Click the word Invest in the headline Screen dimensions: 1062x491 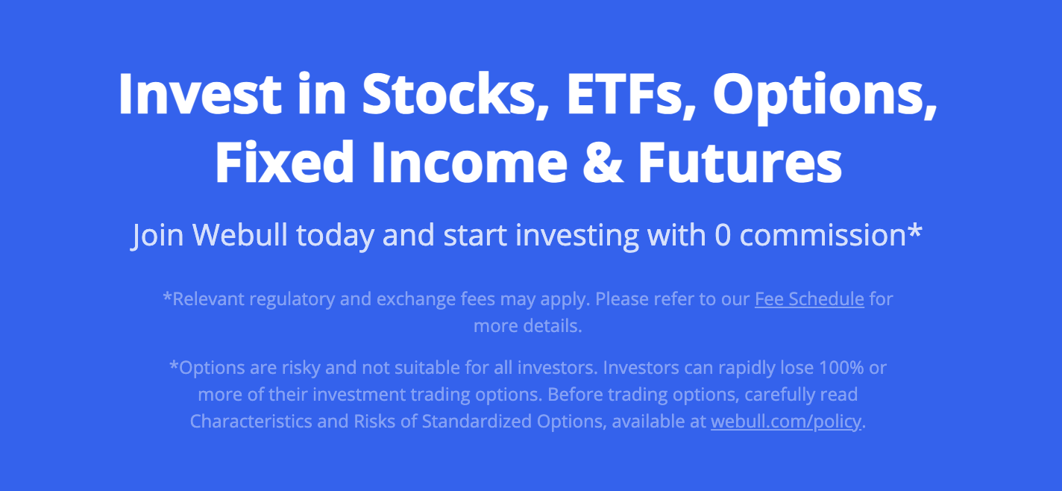click(200, 93)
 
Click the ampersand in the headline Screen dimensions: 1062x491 click(602, 162)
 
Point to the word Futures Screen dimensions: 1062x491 click(740, 162)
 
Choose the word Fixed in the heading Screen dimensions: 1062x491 click(284, 162)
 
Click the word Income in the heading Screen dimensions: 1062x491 click(469, 162)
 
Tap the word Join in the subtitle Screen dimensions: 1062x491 click(157, 235)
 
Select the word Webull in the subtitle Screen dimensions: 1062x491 click(240, 234)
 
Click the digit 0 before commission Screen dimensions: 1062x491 click(723, 235)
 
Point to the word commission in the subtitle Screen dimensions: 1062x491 click(823, 235)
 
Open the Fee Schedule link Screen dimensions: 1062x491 click(809, 299)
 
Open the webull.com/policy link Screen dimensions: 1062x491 click(785, 422)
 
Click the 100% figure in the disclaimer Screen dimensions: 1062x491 click(841, 368)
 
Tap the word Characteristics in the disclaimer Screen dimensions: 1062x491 click(251, 422)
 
